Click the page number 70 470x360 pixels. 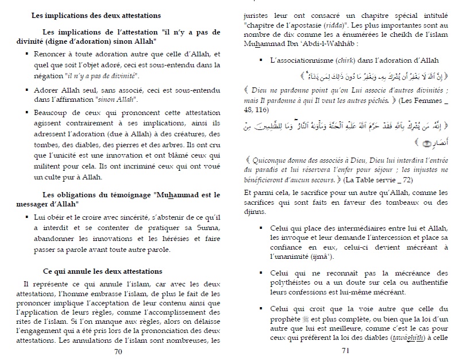118,352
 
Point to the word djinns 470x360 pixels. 257,211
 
